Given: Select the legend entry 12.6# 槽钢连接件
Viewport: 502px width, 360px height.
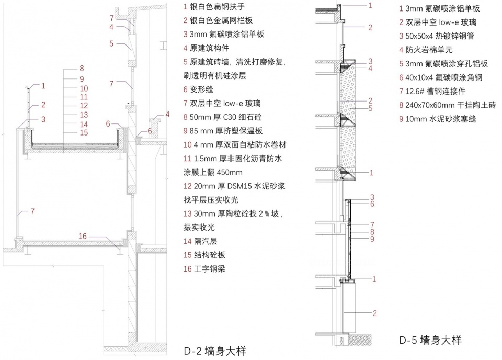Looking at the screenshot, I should [440, 91].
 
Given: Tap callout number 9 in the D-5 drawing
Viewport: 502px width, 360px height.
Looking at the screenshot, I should [372, 239].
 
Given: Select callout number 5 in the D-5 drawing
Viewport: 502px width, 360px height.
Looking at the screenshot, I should [370, 108].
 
